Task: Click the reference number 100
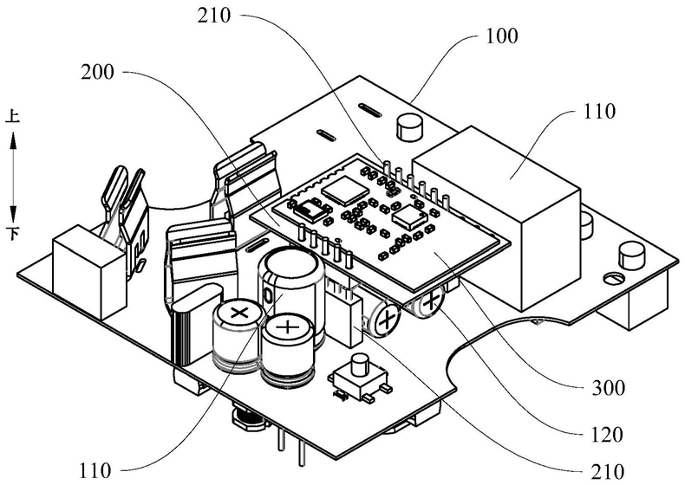tap(503, 37)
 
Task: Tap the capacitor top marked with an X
tap(236, 310)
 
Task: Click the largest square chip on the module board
tap(335, 186)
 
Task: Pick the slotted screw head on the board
tap(612, 278)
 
